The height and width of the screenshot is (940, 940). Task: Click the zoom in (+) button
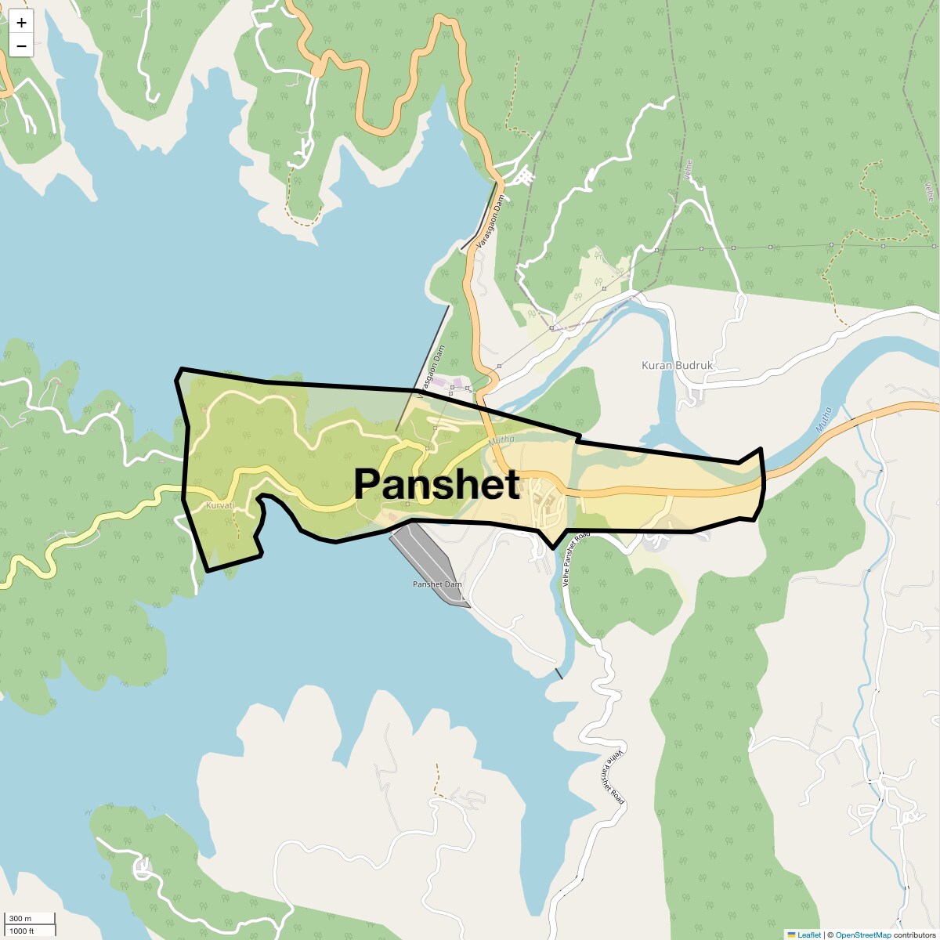coord(21,23)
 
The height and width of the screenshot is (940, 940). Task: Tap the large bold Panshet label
coord(436,484)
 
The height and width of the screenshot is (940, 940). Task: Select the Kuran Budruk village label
coord(678,366)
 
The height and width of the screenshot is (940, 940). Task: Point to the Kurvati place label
coord(219,506)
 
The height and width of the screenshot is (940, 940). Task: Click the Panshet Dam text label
coord(437,584)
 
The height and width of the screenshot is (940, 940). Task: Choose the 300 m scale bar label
coord(21,918)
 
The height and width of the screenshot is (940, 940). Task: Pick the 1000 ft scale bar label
coord(22,931)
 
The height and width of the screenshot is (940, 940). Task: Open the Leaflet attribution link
coord(809,935)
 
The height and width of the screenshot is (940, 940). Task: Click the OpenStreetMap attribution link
coord(862,935)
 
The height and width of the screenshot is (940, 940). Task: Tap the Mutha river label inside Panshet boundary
coord(502,440)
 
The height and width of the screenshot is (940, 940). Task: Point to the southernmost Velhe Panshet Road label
coord(615,776)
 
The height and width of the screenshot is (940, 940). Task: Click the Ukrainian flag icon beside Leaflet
coord(791,935)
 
